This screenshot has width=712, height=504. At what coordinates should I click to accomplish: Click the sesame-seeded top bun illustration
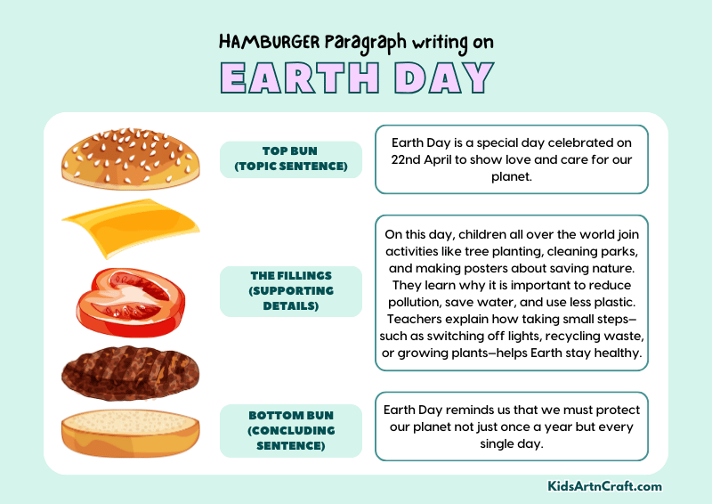pyautogui.click(x=127, y=159)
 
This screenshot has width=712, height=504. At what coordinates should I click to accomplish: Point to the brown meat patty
pyautogui.click(x=129, y=371)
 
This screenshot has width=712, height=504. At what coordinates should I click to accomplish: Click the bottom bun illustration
pyautogui.click(x=131, y=433)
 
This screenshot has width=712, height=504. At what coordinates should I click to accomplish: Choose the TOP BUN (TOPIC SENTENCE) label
pyautogui.click(x=291, y=159)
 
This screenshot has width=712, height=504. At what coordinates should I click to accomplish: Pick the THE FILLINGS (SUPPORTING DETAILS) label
pyautogui.click(x=291, y=291)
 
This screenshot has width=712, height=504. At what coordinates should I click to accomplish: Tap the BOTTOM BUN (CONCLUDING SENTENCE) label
pyautogui.click(x=291, y=430)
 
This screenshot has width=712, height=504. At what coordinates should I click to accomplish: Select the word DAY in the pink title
pyautogui.click(x=444, y=78)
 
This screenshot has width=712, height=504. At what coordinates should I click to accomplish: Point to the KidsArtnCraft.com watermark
pyautogui.click(x=604, y=486)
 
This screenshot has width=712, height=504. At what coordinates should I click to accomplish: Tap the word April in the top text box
pyautogui.click(x=453, y=159)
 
